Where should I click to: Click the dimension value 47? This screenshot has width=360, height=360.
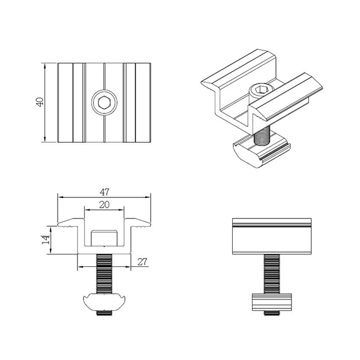tap(104, 192)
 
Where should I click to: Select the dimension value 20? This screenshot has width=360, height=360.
tap(104, 205)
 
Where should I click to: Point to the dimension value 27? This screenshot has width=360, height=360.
tap(143, 260)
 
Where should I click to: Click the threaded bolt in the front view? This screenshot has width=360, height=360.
tap(104, 272)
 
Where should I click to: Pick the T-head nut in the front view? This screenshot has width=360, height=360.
tap(104, 303)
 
